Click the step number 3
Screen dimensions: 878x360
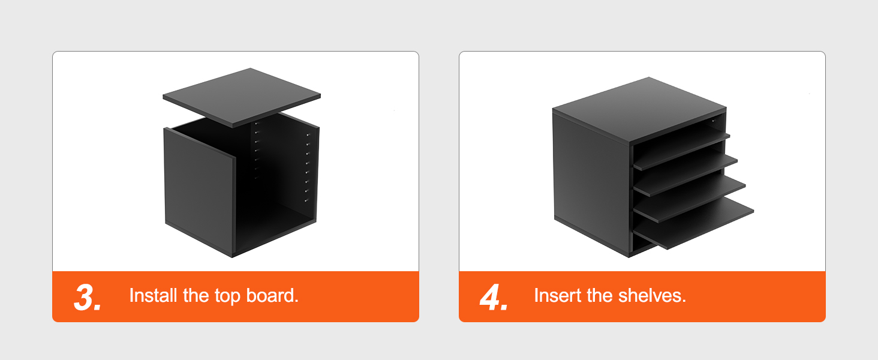[x=88, y=298]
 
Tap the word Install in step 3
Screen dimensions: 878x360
[x=154, y=295]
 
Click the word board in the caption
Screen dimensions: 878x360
[x=272, y=295]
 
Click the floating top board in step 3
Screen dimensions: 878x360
[x=242, y=98]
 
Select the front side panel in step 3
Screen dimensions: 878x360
[x=199, y=192]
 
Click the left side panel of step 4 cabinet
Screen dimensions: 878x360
[x=591, y=184]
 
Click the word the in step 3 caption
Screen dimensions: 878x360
[x=196, y=295]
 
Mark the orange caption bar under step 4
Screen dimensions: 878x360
[x=642, y=296]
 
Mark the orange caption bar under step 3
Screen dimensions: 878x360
[x=236, y=296]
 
